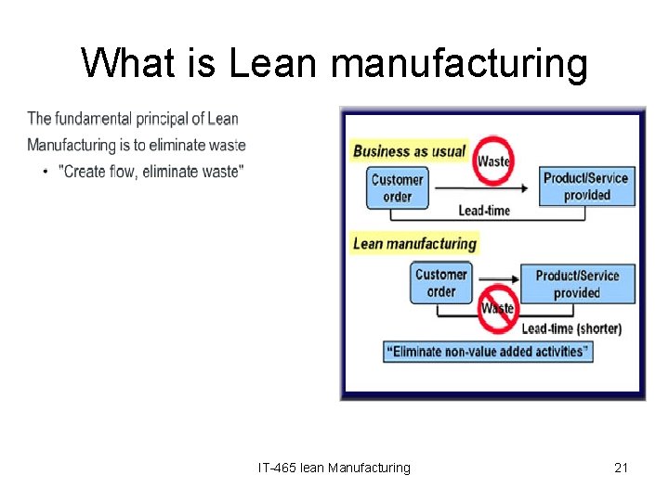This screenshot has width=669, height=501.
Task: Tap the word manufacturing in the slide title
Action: coord(459,64)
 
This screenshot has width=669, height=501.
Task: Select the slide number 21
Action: coord(621,468)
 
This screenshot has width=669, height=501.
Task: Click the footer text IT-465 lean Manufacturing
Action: coord(334,468)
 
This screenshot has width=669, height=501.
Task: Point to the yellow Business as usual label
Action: coord(410,151)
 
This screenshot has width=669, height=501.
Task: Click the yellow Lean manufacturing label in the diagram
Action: coord(415,244)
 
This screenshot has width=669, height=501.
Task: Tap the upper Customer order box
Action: coord(397,188)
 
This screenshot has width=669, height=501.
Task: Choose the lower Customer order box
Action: coord(440,283)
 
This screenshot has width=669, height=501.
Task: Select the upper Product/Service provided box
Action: coord(586,186)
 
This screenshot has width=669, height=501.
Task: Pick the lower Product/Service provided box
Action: coord(577,284)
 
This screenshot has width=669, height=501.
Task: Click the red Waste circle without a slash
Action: coord(493,160)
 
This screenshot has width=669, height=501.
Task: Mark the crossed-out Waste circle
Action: coord(498,309)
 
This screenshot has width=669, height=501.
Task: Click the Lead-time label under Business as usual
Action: coord(484,211)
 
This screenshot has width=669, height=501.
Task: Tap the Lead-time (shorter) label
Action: coord(571,328)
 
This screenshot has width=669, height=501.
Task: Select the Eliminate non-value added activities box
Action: coord(488,352)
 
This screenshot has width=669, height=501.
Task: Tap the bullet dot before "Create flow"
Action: coord(46,172)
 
